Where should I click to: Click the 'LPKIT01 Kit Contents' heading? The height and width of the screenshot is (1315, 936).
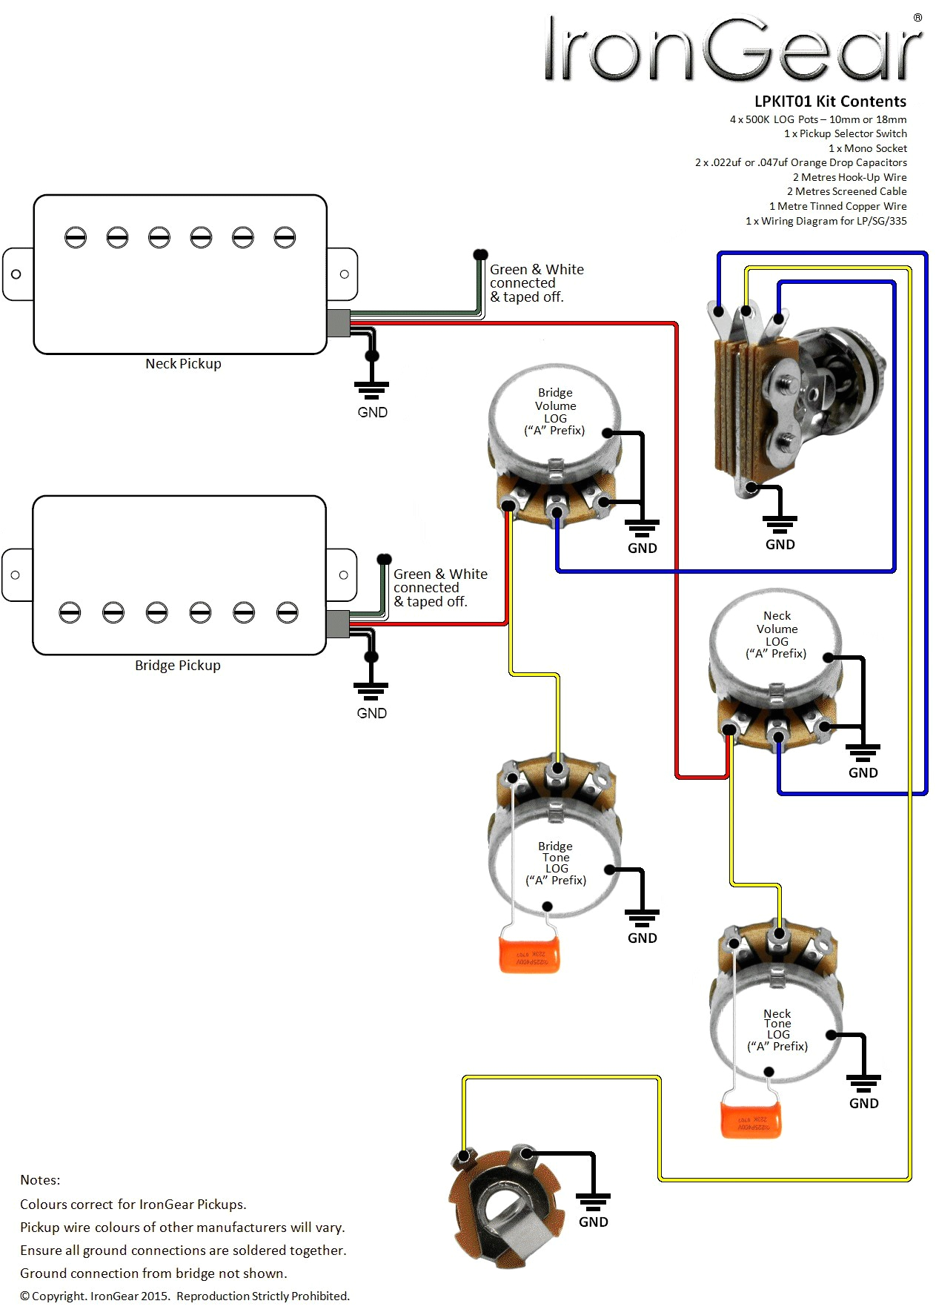coord(830,102)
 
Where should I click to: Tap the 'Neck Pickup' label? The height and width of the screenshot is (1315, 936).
coord(183,364)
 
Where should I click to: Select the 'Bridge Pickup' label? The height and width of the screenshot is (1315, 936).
coord(178,666)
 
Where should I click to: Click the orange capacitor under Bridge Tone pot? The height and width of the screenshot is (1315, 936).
coord(529,955)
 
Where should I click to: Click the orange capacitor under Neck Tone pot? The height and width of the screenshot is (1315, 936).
coord(751,1119)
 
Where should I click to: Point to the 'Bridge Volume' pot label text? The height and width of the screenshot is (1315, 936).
coord(555,400)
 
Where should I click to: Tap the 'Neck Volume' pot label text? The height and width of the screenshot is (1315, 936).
coord(777,623)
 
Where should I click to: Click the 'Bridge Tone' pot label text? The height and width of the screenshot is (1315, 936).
coord(555,852)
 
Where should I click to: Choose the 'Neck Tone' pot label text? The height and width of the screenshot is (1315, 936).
coord(777,1018)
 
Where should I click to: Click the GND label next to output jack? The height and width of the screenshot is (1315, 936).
coord(593,1222)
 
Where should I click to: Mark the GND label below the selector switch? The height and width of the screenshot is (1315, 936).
coord(780,545)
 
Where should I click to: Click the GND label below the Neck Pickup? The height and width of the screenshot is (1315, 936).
coord(372,413)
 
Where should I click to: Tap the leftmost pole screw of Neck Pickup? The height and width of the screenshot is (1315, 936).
coord(76,238)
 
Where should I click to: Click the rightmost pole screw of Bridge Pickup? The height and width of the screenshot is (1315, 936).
coord(287,612)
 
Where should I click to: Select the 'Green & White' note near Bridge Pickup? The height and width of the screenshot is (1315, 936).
coord(440,574)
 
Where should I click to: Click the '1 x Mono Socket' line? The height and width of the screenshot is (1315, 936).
coord(867,148)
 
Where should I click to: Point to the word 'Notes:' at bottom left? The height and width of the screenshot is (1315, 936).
coord(40,1180)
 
